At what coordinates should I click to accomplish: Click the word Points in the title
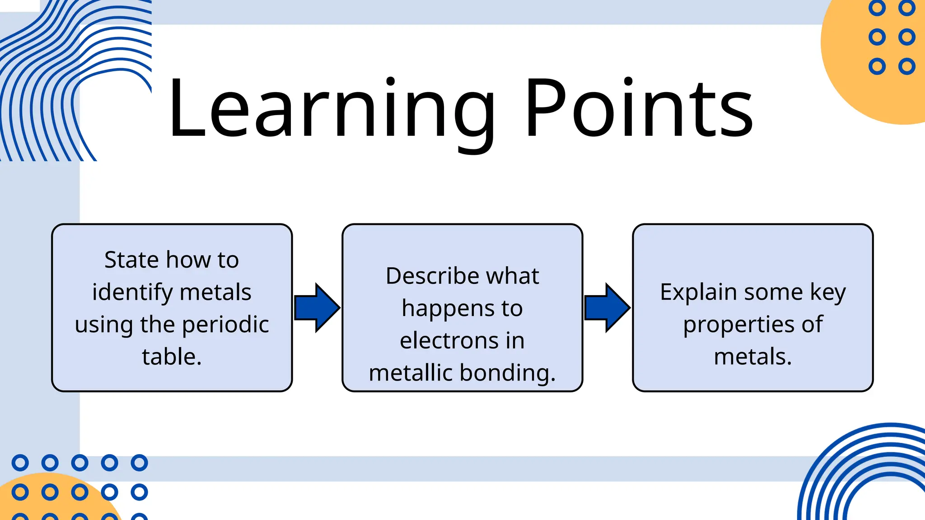coord(639,108)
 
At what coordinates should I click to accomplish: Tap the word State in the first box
coord(131,260)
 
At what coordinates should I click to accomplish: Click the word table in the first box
coord(168,357)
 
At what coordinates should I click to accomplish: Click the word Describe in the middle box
coord(428,276)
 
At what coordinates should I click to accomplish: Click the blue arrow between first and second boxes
coord(317,308)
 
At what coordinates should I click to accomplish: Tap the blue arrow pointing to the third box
coord(607,308)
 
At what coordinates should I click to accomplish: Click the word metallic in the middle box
coord(411,373)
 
